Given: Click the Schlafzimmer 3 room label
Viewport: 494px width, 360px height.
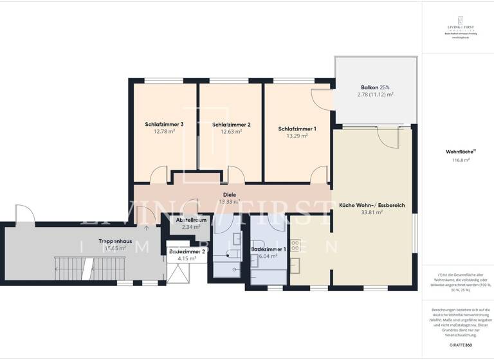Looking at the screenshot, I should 164,124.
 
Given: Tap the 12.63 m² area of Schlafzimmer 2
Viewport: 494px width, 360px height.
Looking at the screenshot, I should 231,132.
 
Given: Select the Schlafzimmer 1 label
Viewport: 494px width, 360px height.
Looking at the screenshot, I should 297,129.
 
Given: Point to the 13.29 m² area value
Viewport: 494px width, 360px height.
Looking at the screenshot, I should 297,136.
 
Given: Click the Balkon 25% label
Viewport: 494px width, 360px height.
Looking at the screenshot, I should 375,87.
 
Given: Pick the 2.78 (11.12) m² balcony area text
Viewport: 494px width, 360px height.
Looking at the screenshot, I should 375,94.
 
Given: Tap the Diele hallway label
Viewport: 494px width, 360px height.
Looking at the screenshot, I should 230,194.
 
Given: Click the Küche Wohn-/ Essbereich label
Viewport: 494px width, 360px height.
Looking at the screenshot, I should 372,205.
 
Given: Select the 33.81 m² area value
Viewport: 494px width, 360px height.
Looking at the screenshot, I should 372,212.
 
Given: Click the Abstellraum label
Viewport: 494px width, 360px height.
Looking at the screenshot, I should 191,220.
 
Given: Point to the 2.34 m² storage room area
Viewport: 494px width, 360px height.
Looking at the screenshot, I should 191,227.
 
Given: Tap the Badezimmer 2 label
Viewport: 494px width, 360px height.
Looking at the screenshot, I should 187,251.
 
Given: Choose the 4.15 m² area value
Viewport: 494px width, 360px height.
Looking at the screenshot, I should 187,258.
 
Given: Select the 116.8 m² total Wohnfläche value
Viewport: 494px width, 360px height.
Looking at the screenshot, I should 457,160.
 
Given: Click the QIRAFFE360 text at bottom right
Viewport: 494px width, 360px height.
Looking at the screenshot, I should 457,345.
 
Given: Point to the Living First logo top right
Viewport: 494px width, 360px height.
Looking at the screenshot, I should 456,30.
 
